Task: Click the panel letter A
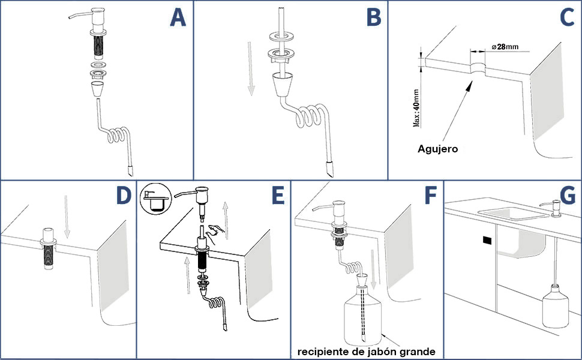pyautogui.click(x=178, y=18)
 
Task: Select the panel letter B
pyautogui.click(x=374, y=18)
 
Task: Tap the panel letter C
pyautogui.click(x=567, y=17)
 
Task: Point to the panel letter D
pyautogui.click(x=124, y=196)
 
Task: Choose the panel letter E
pyautogui.click(x=278, y=196)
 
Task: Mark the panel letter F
pyautogui.click(x=431, y=196)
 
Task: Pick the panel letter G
pyautogui.click(x=568, y=196)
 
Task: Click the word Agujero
pyautogui.click(x=437, y=149)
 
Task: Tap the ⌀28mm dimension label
pyautogui.click(x=505, y=47)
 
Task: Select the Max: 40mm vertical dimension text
pyautogui.click(x=416, y=108)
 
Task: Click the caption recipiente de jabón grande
pyautogui.click(x=367, y=352)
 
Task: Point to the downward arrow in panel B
pyautogui.click(x=251, y=68)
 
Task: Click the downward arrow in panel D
pyautogui.click(x=67, y=217)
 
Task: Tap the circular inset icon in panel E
pyautogui.click(x=156, y=198)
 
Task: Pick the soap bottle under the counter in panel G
pyautogui.click(x=555, y=306)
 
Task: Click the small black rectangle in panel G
pyautogui.click(x=487, y=241)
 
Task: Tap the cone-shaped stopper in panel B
pyautogui.click(x=282, y=84)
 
